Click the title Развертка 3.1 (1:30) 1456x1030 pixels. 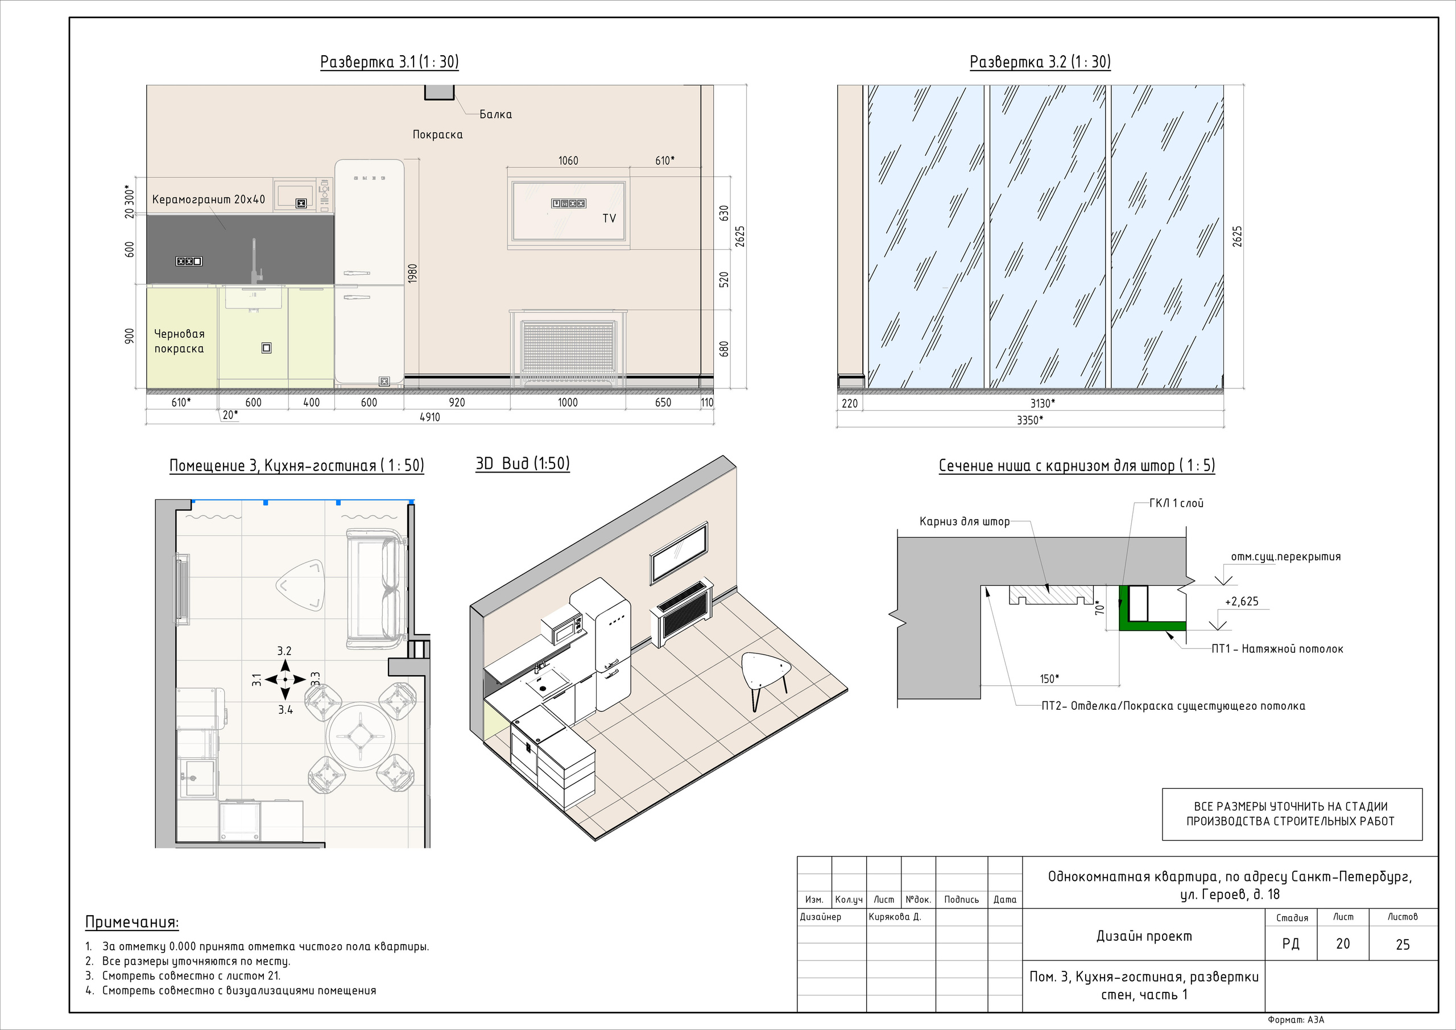click(390, 61)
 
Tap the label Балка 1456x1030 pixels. click(495, 114)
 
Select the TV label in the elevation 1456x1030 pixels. click(609, 218)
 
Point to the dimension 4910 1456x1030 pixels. click(429, 417)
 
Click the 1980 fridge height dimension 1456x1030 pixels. click(413, 274)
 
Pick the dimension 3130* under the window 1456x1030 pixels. click(1043, 403)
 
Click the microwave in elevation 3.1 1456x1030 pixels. click(303, 195)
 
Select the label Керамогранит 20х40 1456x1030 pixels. click(209, 199)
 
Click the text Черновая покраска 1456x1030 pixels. click(180, 341)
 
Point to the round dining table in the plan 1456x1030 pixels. click(360, 737)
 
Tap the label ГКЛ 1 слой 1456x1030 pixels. click(1176, 503)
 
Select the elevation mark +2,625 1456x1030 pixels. click(1242, 601)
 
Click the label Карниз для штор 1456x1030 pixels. click(965, 522)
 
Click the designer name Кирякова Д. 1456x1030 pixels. click(894, 916)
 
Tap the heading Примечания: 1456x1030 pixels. click(132, 922)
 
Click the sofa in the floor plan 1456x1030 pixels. click(375, 588)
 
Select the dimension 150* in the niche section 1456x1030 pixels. click(1049, 679)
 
